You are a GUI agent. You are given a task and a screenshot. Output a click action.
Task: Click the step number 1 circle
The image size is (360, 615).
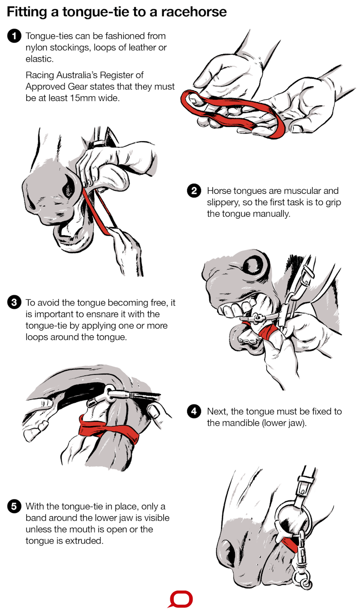coord(14,36)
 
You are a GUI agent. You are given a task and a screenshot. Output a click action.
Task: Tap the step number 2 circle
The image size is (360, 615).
coord(194,190)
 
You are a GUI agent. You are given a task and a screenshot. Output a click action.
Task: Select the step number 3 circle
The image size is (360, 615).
coord(14,302)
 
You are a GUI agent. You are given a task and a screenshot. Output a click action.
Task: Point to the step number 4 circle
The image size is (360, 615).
coord(194,411)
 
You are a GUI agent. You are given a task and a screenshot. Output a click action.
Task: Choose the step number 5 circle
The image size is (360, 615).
coord(14,506)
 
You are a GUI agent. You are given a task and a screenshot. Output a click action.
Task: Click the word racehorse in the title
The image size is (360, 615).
coord(194,12)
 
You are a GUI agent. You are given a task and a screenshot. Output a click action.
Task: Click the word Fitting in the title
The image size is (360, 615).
coord(27,12)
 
